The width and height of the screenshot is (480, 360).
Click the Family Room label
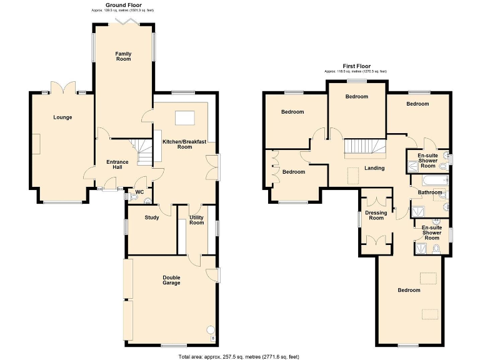tap(123, 56)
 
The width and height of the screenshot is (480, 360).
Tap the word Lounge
tap(62, 117)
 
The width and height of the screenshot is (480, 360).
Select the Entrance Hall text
tap(117, 164)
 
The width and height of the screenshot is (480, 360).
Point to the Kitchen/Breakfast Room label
tap(186, 144)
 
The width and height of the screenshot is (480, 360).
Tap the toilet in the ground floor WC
tap(147, 201)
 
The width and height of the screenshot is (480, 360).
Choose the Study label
tap(151, 217)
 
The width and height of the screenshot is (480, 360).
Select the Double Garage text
tap(171, 280)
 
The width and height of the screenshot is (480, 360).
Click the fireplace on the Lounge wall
tap(36, 144)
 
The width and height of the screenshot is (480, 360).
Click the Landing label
tap(374, 168)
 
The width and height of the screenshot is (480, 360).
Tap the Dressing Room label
tap(376, 215)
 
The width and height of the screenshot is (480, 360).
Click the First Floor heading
tap(356, 66)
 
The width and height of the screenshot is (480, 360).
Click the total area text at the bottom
tap(239, 356)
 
